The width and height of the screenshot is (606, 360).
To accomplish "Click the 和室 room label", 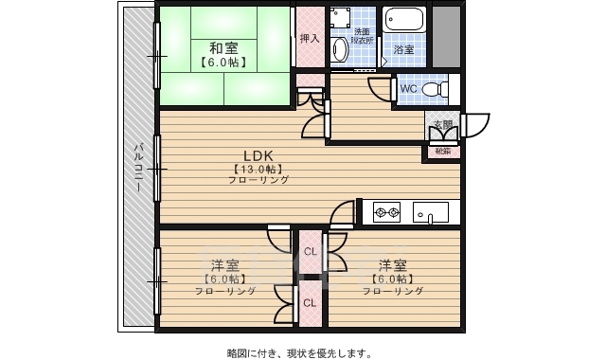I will point(223,47).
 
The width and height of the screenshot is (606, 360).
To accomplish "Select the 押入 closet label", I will point(309,39).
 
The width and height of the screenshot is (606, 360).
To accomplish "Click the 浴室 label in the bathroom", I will point(404,48).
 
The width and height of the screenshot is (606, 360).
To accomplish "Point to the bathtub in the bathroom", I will point(405,21).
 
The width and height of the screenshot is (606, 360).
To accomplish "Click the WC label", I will point(408,89).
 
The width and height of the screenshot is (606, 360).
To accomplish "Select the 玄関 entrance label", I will point(442,123).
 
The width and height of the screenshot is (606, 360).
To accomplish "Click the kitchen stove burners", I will point(387,211).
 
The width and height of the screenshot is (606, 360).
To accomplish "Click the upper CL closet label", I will point(311,251).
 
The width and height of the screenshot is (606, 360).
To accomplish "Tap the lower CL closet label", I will point(311,303).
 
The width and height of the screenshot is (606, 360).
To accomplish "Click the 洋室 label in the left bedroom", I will point(223,264).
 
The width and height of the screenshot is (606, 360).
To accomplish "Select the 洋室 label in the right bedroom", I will point(392,264).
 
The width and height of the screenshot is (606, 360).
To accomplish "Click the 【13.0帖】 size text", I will point(258,169).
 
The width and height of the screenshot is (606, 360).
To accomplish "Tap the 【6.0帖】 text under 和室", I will point(223,63).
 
